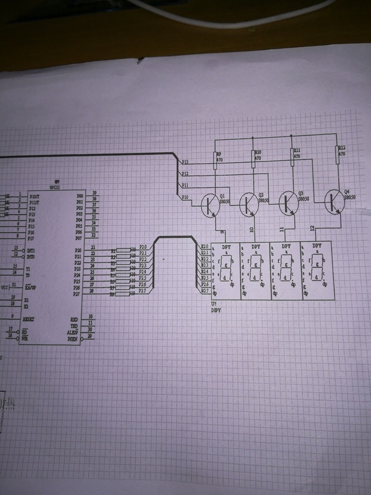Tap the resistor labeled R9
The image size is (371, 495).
[215, 158]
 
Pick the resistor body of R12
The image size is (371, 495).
[337, 151]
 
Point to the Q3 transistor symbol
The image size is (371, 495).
[289, 203]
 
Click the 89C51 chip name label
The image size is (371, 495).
[57, 186]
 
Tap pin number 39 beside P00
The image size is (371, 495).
[93, 193]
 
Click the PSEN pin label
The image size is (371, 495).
[72, 339]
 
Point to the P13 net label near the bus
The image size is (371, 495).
[185, 162]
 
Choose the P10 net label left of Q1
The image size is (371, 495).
[185, 197]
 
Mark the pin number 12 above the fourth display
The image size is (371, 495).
[313, 228]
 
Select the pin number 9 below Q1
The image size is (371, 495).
[223, 231]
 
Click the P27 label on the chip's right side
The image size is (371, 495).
[77, 294]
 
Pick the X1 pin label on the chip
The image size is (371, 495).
[26, 301]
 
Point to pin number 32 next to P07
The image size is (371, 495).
[93, 236]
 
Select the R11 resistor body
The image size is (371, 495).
[294, 155]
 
